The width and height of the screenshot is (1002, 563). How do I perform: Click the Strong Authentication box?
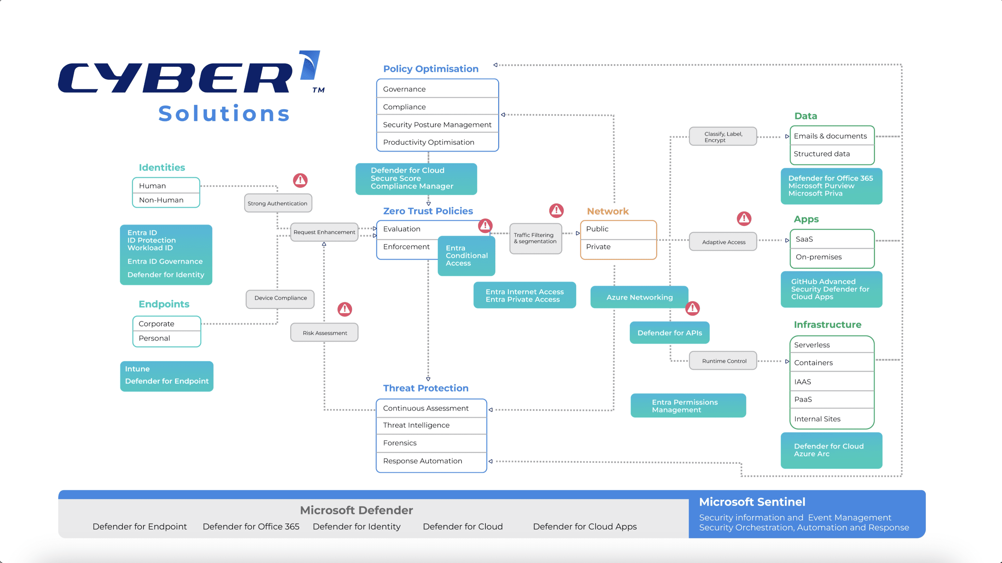pyautogui.click(x=278, y=203)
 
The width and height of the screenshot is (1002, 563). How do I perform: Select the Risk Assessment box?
pyautogui.click(x=324, y=333)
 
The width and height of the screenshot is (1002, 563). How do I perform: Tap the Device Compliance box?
pyautogui.click(x=280, y=298)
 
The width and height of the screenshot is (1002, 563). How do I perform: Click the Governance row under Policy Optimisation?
pyautogui.click(x=437, y=89)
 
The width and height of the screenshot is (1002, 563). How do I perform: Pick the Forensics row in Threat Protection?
pyautogui.click(x=431, y=443)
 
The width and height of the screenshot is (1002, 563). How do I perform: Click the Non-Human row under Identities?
pyautogui.click(x=166, y=200)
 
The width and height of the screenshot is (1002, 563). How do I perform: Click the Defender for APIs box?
pyautogui.click(x=669, y=333)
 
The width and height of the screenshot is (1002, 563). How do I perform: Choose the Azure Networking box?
pyautogui.click(x=639, y=297)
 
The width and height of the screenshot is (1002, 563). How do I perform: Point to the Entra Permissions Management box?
pyautogui.click(x=688, y=406)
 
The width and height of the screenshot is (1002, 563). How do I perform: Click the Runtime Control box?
pyautogui.click(x=723, y=361)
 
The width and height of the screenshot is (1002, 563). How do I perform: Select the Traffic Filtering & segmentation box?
pyautogui.click(x=535, y=238)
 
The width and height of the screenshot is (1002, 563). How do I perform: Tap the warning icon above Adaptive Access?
pyautogui.click(x=744, y=218)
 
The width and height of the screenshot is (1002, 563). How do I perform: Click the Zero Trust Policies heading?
pyautogui.click(x=428, y=211)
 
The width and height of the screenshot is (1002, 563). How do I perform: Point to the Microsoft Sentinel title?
pyautogui.click(x=752, y=502)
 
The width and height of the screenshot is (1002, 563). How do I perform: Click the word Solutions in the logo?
pyautogui.click(x=225, y=114)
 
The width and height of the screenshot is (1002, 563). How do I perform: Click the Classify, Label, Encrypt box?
pyautogui.click(x=723, y=137)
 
